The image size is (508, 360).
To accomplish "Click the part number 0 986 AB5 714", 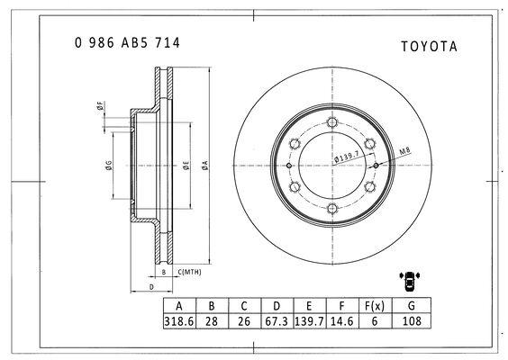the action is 127,42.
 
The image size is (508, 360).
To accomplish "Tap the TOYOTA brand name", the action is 430,46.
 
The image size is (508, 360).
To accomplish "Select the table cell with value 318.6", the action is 179,321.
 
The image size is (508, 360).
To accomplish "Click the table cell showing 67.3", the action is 277,321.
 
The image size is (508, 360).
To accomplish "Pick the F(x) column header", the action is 375,306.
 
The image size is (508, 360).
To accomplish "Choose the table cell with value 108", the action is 412,321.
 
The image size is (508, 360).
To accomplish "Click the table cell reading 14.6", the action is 342,321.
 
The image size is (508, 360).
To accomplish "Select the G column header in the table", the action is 412,306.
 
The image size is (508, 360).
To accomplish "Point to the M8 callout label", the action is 404,151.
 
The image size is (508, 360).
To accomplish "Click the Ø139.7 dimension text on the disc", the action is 347,157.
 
